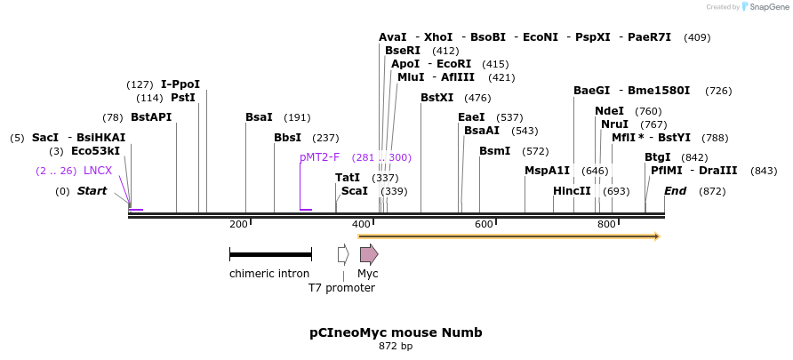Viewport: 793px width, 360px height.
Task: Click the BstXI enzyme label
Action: pos(437,98)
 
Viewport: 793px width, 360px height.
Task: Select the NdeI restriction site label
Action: pos(610,111)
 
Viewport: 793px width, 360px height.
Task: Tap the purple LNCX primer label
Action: pos(98,171)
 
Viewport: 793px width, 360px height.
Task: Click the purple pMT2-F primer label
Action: pos(320,157)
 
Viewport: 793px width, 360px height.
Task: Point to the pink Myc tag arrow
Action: pos(368,255)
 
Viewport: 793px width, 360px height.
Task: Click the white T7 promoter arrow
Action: pos(343,255)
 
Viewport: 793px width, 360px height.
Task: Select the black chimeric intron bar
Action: pos(270,255)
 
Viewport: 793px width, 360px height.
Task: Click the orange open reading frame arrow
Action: pos(508,236)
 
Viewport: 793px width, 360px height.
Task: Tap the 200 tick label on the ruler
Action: pos(238,225)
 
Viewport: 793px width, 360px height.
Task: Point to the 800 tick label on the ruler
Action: pos(606,225)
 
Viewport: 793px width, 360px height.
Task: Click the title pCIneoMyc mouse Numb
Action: pos(396,332)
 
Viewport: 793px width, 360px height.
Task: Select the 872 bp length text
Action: pos(396,347)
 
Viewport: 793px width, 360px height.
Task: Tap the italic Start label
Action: pos(92,191)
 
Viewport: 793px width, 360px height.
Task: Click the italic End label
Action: pos(675,191)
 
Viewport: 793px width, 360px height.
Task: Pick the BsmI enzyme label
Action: pos(495,151)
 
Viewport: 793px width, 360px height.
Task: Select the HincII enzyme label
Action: pos(572,191)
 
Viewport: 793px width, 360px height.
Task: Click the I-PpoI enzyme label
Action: pos(180,84)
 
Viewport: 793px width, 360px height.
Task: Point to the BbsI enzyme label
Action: pos(287,138)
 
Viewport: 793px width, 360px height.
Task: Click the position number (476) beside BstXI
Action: pos(477,98)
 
